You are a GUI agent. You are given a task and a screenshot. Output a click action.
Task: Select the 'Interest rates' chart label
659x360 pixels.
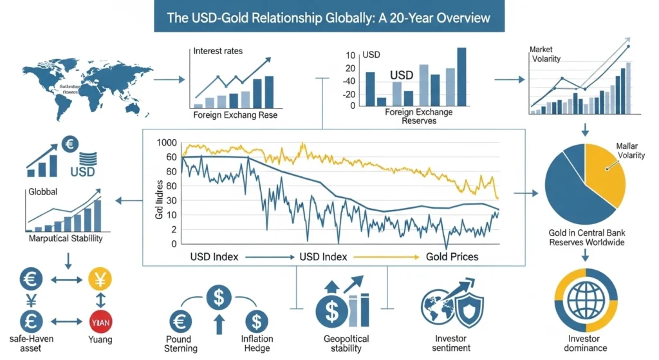[218, 51]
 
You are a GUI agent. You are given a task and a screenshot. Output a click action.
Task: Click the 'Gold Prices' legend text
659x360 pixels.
[451, 256]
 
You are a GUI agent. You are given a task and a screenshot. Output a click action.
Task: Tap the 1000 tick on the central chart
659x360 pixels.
[165, 143]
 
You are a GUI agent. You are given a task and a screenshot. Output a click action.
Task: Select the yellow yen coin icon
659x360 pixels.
[100, 279]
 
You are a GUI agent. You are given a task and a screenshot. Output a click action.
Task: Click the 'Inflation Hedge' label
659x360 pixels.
[257, 344]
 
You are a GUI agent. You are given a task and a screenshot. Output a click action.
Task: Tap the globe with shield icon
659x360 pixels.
[448, 307]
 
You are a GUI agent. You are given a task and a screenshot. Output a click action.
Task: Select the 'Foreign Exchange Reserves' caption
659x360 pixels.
[419, 116]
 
